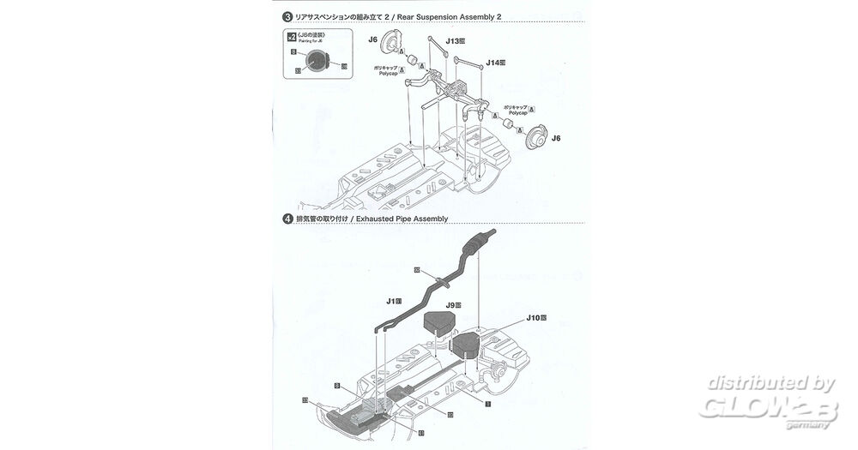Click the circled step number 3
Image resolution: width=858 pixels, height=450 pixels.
click(x=287, y=15)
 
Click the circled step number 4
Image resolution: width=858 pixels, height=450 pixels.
click(x=287, y=219)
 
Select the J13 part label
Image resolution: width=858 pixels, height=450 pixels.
click(x=455, y=40)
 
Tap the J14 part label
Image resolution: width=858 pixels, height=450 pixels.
click(x=495, y=63)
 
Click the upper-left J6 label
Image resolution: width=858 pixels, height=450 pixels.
click(x=372, y=39)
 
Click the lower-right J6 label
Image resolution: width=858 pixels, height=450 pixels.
click(x=556, y=138)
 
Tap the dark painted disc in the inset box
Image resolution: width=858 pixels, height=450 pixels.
click(x=317, y=60)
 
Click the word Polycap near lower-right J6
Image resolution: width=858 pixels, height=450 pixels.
click(x=517, y=112)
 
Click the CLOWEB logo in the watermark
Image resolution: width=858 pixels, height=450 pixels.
click(x=767, y=408)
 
